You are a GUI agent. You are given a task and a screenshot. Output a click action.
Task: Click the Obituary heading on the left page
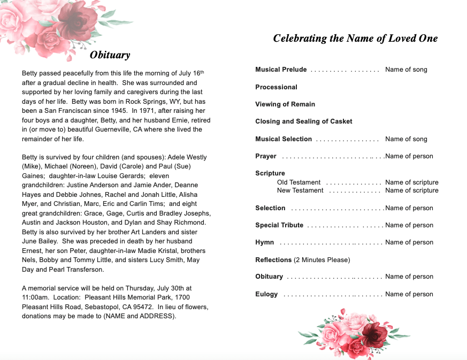point(110,55)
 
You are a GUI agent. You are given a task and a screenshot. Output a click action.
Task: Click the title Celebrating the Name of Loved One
point(355,38)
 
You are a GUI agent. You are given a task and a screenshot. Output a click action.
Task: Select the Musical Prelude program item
point(281,70)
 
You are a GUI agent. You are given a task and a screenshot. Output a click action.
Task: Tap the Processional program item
point(276,87)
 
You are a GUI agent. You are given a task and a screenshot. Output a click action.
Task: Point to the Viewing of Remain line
point(285,104)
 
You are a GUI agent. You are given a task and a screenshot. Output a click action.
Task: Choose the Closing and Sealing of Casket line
point(303,121)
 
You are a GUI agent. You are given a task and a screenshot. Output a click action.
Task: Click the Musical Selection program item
point(284,139)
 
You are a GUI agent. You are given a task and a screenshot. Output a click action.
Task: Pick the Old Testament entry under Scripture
point(298,182)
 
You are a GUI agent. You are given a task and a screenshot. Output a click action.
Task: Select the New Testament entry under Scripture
point(300,190)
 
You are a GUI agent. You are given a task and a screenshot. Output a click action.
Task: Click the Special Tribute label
point(279,225)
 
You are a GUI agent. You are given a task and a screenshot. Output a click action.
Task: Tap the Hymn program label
point(264,242)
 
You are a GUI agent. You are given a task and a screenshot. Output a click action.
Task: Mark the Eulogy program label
point(266,294)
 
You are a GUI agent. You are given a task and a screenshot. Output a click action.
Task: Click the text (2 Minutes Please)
point(322,260)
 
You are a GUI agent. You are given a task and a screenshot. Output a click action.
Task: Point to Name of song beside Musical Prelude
point(406,70)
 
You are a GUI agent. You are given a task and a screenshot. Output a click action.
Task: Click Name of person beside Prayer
point(409,156)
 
